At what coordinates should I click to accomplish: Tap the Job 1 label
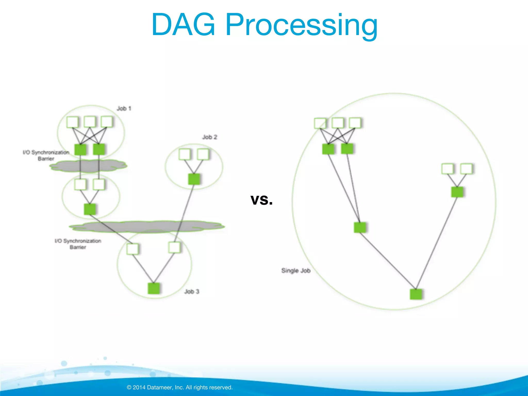coord(124,109)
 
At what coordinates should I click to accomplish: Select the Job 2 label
coord(210,137)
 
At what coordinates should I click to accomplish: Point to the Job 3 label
coord(192,292)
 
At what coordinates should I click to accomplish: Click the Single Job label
coord(296,271)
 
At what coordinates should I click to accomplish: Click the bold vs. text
coord(261,200)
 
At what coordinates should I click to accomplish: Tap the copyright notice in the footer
coord(180,387)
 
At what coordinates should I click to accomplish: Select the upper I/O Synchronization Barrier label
coord(46,155)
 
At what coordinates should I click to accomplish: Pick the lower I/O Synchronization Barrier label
coord(78,244)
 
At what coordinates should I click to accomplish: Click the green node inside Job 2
coord(194,179)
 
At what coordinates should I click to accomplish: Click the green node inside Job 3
coord(154,288)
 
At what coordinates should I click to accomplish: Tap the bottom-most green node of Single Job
coord(416,294)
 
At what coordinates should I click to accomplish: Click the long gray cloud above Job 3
coord(147,227)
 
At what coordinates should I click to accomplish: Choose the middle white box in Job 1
coord(90,122)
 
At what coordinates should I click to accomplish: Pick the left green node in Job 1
coord(80,150)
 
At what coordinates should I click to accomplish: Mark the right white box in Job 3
coord(174,247)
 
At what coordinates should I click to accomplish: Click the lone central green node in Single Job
coord(360,227)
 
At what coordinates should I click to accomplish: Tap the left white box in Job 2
coord(185,154)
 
